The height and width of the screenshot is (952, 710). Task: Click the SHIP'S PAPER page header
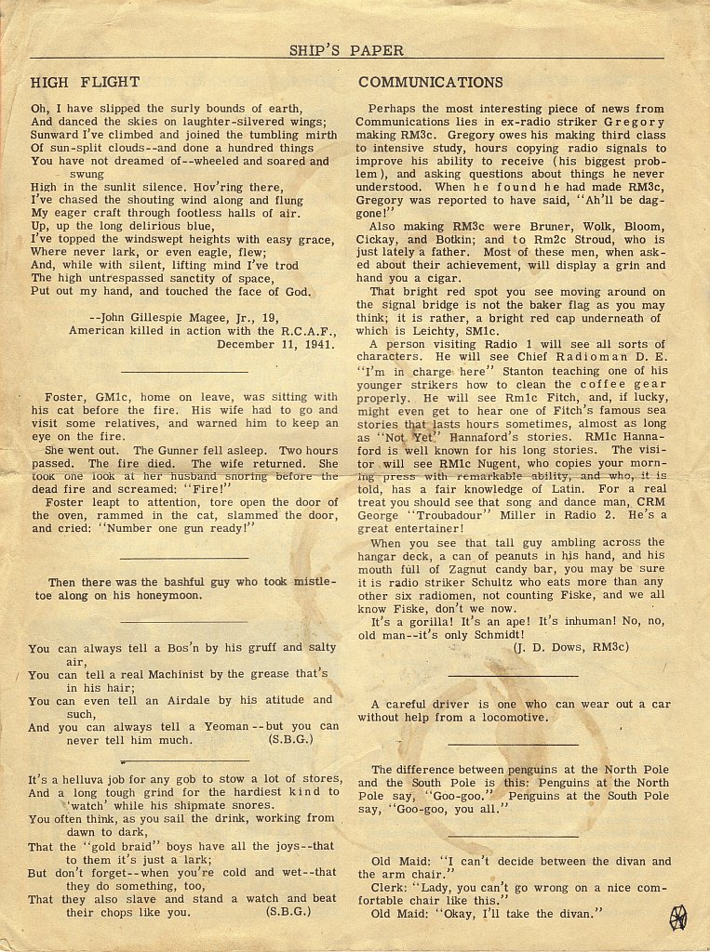tap(346, 50)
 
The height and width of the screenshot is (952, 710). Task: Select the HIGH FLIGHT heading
tap(85, 82)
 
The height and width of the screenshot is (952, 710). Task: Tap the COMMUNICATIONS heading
tap(431, 82)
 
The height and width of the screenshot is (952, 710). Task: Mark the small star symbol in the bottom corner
tap(678, 917)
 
